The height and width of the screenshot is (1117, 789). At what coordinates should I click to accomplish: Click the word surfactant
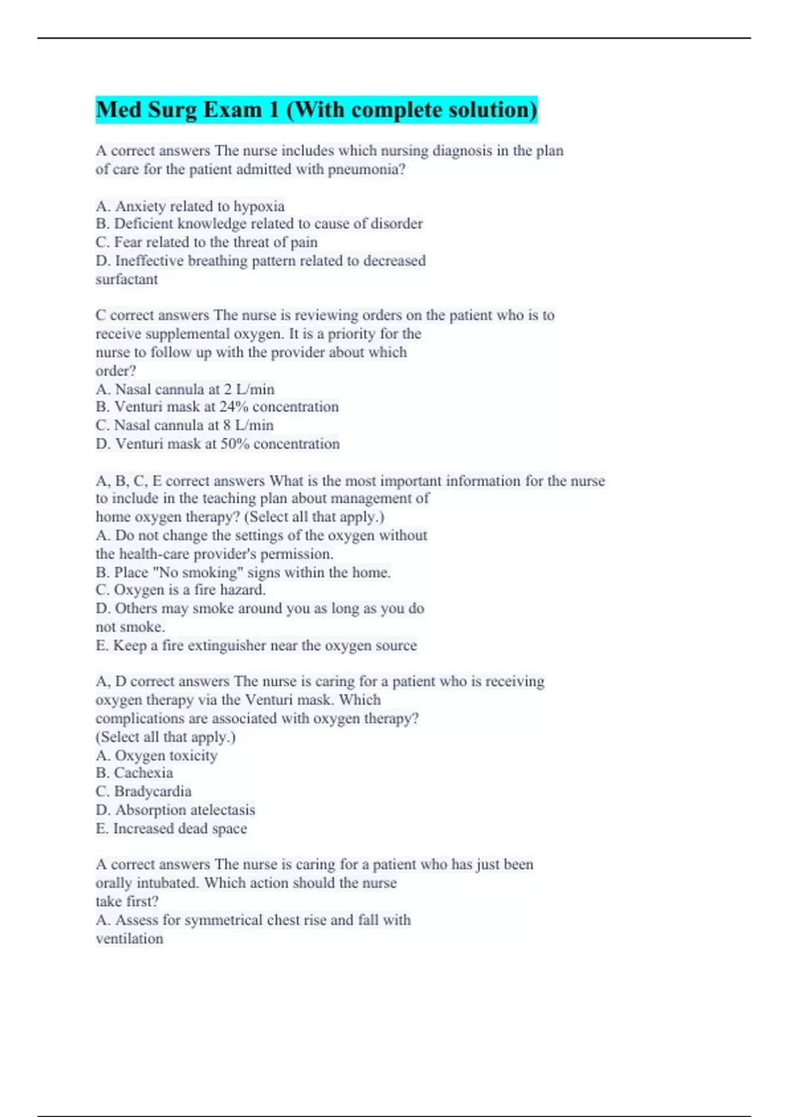(126, 279)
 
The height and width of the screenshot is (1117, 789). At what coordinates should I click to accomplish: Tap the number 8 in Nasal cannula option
(227, 425)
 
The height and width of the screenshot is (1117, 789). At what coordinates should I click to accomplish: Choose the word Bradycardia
(153, 791)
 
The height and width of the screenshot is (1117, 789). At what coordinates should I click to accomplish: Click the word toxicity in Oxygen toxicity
(193, 756)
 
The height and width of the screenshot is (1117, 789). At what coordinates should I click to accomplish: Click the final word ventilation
(130, 938)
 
